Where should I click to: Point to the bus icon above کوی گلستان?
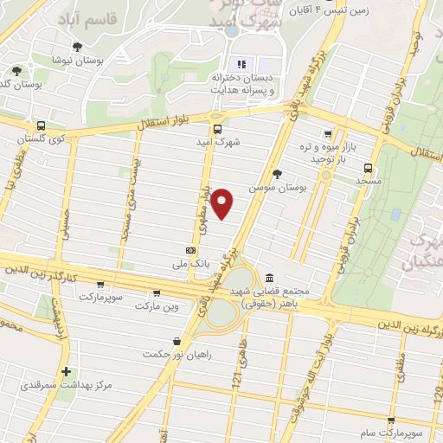(42, 125)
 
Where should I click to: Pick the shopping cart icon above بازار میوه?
(327, 134)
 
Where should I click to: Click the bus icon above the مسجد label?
(369, 169)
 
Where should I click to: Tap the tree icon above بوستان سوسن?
(279, 174)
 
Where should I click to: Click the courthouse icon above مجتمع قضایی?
(270, 279)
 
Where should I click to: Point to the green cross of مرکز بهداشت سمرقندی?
(66, 370)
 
